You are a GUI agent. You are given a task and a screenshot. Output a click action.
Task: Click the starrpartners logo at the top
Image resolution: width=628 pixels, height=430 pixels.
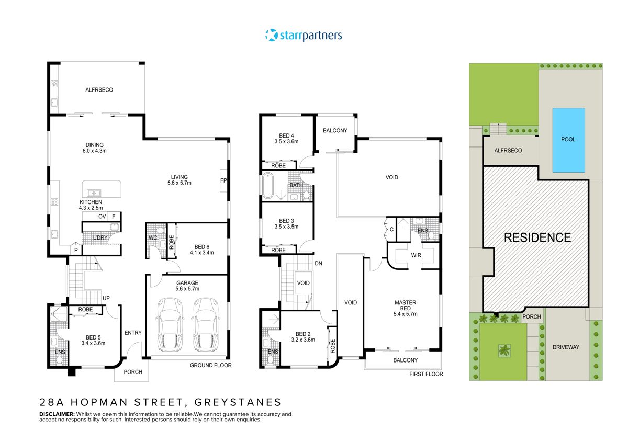point(304,36)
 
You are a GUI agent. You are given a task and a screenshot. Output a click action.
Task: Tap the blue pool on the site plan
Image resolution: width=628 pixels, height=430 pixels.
point(568,140)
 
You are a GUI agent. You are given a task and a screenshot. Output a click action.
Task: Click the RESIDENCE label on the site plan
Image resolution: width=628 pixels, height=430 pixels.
point(537,237)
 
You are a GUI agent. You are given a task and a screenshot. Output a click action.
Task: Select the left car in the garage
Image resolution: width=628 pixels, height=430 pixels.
point(169,324)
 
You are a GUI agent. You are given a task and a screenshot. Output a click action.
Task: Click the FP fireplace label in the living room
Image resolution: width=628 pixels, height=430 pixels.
point(223,181)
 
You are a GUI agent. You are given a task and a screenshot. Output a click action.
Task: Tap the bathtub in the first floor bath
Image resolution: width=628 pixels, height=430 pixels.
point(268,185)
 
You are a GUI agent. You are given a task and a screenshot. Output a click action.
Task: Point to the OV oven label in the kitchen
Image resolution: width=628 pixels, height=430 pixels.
point(102,217)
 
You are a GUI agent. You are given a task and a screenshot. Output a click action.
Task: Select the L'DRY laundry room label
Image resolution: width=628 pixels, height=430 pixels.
point(100,239)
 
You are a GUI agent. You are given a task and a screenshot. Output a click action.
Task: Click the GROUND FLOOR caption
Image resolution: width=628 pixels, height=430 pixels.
point(210,365)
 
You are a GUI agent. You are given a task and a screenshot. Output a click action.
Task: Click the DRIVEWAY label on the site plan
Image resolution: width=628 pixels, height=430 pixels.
point(565,347)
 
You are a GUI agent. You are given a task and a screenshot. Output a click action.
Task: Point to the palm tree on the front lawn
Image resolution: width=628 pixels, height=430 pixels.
point(504,350)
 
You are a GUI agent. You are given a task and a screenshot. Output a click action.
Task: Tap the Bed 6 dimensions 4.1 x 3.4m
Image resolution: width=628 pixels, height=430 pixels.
point(201,253)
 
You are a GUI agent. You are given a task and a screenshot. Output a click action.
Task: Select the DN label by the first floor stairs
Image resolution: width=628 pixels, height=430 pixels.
point(318,263)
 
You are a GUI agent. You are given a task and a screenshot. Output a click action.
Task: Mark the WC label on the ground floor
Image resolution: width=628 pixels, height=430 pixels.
point(153,238)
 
